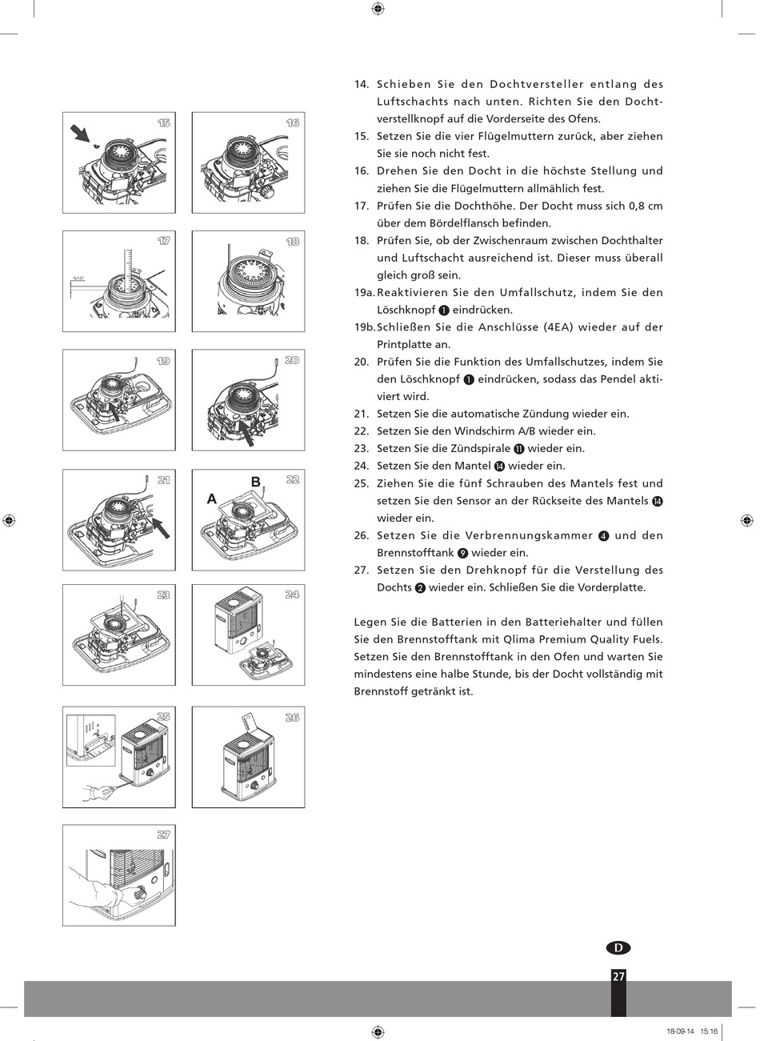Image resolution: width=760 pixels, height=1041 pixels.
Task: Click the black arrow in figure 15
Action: [80, 133]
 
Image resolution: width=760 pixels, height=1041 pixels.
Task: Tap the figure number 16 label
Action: [293, 122]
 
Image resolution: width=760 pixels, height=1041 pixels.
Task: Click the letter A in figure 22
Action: [212, 498]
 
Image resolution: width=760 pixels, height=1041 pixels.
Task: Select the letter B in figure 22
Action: [255, 482]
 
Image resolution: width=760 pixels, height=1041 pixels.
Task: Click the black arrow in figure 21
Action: [161, 528]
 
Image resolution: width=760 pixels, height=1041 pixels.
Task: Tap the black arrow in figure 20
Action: [247, 433]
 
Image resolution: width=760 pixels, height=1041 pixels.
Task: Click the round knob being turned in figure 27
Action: [140, 893]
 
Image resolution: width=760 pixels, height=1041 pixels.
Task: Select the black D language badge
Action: [618, 947]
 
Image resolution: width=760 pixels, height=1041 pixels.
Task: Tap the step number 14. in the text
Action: [362, 85]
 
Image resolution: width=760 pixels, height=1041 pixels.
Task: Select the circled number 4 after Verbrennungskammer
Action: [603, 536]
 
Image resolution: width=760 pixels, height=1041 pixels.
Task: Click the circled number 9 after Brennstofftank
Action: [462, 553]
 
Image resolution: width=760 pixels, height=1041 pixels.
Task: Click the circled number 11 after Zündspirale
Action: [519, 449]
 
